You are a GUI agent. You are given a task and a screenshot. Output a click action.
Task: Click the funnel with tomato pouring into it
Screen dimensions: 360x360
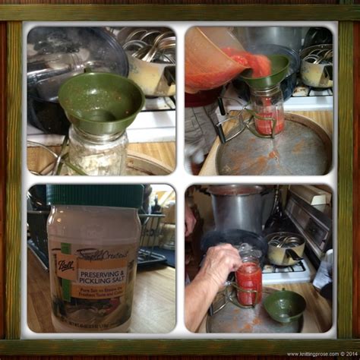(265, 73)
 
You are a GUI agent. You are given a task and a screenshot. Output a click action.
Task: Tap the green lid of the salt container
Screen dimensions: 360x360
(88, 195)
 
